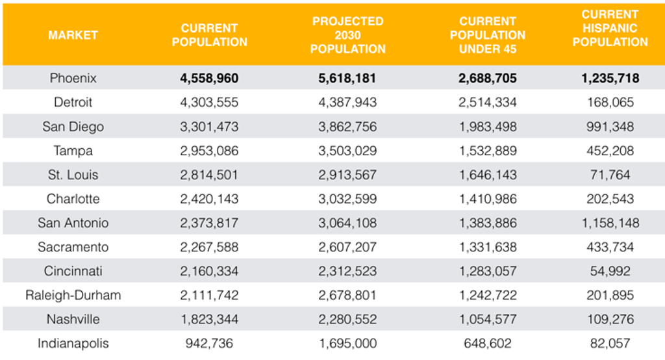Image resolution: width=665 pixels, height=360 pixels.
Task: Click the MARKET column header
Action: tap(73, 35)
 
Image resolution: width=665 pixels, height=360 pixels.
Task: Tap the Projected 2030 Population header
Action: tap(348, 35)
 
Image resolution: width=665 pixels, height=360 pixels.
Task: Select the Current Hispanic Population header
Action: tap(610, 28)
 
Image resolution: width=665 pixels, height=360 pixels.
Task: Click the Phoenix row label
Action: tap(73, 78)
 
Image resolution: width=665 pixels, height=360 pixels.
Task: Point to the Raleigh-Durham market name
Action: tap(73, 295)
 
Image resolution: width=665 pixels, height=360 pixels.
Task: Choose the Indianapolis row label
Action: tap(73, 344)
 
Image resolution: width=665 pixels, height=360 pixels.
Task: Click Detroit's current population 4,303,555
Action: tap(209, 102)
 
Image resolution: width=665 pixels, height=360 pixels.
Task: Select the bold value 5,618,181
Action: tap(347, 78)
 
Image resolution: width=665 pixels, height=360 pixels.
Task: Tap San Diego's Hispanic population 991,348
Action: tap(610, 127)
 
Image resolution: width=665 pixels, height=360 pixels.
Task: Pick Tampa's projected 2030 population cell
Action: tap(347, 151)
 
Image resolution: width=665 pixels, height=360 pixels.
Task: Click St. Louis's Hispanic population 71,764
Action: tap(610, 175)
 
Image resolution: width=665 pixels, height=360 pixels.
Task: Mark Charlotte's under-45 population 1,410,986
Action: tap(488, 199)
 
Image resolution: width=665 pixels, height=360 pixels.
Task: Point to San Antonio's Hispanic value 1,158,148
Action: tap(610, 223)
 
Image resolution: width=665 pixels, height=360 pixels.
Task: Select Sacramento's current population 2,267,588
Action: tap(209, 247)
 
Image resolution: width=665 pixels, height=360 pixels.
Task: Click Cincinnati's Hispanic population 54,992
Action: tap(610, 271)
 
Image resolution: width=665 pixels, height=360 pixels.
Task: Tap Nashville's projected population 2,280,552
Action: tap(347, 319)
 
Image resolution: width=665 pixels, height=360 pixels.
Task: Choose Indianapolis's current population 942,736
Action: tap(209, 344)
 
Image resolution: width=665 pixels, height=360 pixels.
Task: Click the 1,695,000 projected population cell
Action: tap(347, 344)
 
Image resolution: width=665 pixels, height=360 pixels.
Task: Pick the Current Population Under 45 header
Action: tap(488, 35)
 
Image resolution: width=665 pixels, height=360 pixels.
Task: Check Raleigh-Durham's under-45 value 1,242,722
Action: tap(488, 295)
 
